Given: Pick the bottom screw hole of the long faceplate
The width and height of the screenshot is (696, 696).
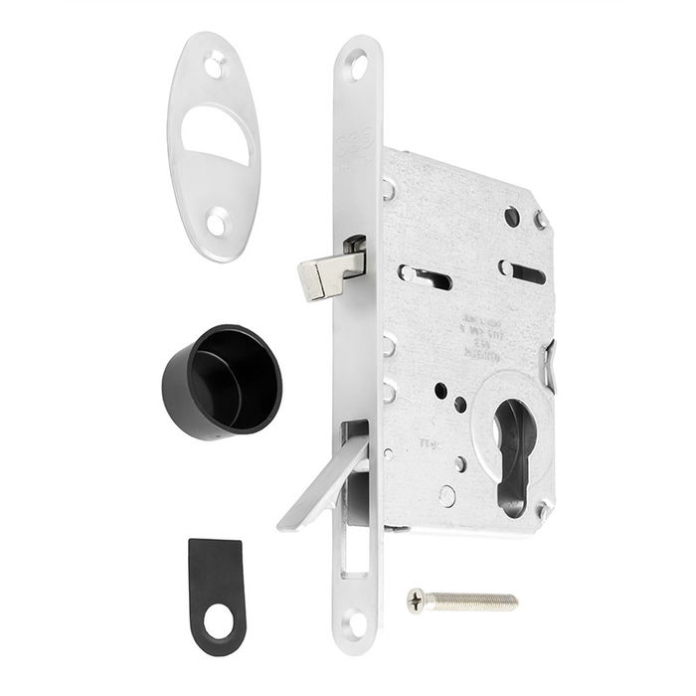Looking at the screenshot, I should click(355, 623).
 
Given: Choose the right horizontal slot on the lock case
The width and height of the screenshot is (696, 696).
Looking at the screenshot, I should click(523, 271).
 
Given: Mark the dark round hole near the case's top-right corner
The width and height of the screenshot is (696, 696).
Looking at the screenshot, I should click(511, 216).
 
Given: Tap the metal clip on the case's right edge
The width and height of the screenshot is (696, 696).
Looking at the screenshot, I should click(550, 357).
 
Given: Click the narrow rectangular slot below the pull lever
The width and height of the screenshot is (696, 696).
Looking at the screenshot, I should click(354, 558).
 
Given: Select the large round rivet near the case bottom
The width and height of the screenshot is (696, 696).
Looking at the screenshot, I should click(447, 495).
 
